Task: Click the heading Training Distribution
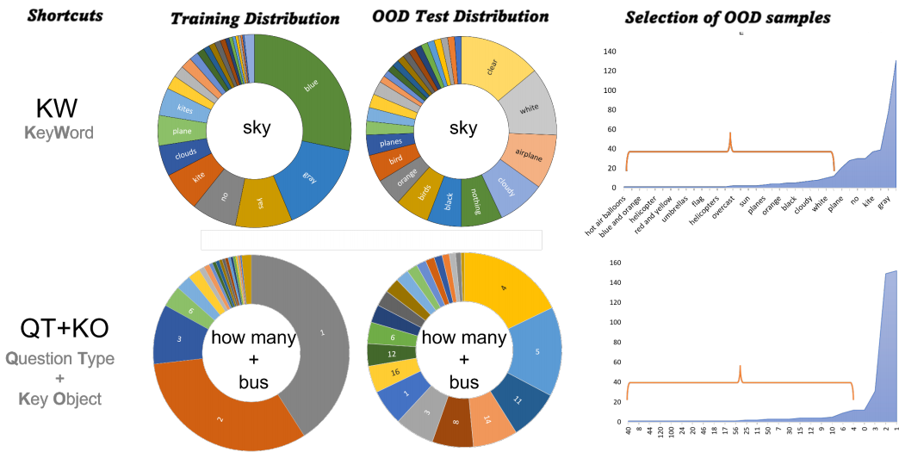coord(254,18)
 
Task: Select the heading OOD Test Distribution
coord(462,16)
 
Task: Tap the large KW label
coord(57,108)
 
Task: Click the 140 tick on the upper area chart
coord(610,51)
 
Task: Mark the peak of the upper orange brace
coord(730,133)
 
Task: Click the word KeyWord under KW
coord(57,133)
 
